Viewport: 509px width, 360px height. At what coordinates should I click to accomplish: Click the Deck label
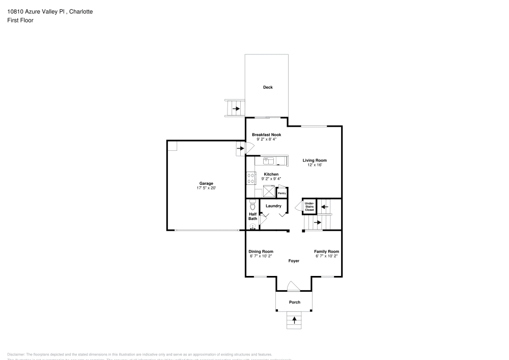pyautogui.click(x=268, y=87)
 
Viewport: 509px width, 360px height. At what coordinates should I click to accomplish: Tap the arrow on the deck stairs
pyautogui.click(x=236, y=108)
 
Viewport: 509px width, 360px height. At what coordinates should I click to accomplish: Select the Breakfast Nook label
pyautogui.click(x=266, y=135)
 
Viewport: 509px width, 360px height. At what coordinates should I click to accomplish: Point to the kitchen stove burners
pyautogui.click(x=251, y=178)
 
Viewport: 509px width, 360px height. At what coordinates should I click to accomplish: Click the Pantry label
pyautogui.click(x=281, y=193)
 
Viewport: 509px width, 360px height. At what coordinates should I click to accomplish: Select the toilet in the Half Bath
pyautogui.click(x=252, y=206)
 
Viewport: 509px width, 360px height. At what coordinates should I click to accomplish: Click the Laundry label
pyautogui.click(x=273, y=206)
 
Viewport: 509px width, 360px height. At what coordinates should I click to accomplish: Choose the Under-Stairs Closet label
pyautogui.click(x=309, y=206)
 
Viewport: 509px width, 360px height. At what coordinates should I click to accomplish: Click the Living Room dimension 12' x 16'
pyautogui.click(x=314, y=165)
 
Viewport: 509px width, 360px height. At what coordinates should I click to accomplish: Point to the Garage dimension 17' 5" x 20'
pyautogui.click(x=206, y=188)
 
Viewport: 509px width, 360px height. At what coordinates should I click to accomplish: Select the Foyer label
pyautogui.click(x=294, y=261)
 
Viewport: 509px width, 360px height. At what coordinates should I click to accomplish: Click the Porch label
pyautogui.click(x=294, y=302)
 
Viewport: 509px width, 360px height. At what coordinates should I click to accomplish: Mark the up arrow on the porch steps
pyautogui.click(x=294, y=320)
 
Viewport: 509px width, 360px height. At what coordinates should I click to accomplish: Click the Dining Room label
pyautogui.click(x=261, y=252)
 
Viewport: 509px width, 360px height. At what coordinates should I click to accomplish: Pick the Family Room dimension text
pyautogui.click(x=326, y=256)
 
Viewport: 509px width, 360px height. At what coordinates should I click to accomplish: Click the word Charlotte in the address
pyautogui.click(x=80, y=11)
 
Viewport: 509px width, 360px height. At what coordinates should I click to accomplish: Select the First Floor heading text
pyautogui.click(x=20, y=20)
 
